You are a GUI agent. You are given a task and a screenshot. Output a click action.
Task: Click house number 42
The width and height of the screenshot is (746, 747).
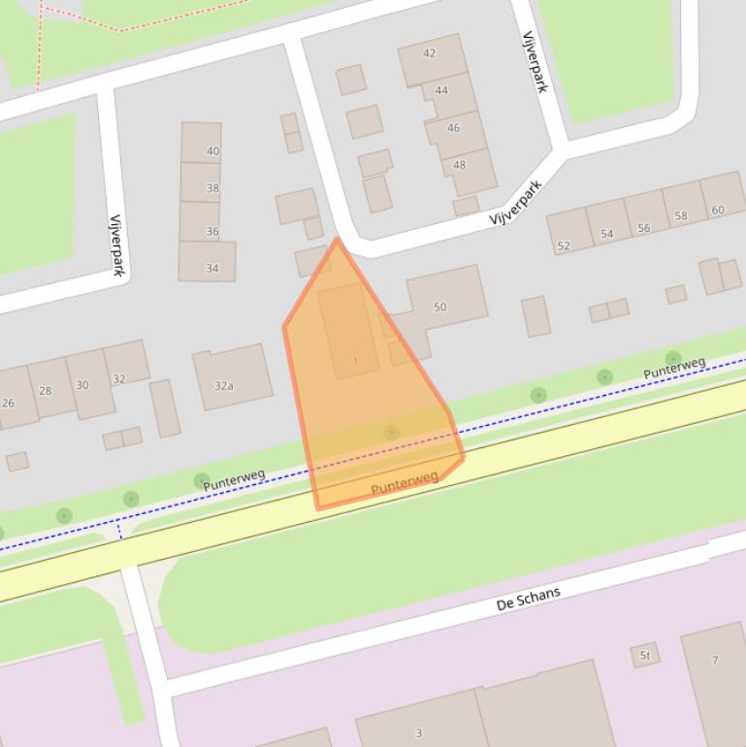pyautogui.click(x=429, y=54)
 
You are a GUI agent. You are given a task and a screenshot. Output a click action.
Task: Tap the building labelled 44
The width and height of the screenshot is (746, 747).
pyautogui.click(x=441, y=90)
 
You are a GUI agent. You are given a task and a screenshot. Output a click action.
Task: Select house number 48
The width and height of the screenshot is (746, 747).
pyautogui.click(x=459, y=165)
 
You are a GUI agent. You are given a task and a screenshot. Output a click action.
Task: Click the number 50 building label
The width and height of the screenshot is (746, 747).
pyautogui.click(x=439, y=308)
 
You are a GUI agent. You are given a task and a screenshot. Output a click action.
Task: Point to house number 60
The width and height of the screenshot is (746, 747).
pyautogui.click(x=718, y=210)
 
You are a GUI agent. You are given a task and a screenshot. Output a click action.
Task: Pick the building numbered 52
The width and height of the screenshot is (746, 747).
pyautogui.click(x=564, y=246)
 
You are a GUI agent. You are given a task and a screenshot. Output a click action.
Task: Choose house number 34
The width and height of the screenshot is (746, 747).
pyautogui.click(x=211, y=269)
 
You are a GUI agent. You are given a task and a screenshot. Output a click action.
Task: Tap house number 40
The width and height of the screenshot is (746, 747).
pyautogui.click(x=212, y=151)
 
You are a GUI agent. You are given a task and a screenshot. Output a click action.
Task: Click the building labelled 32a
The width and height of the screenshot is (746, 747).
pyautogui.click(x=224, y=386)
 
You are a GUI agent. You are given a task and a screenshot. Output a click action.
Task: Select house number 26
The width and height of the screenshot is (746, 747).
pyautogui.click(x=9, y=403)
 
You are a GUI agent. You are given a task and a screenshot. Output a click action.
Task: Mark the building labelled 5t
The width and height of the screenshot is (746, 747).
pyautogui.click(x=644, y=656)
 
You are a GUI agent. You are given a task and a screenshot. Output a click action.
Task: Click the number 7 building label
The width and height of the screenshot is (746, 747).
pyautogui.click(x=715, y=661)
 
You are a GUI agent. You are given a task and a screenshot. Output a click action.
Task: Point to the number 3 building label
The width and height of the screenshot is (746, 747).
pyautogui.click(x=419, y=733)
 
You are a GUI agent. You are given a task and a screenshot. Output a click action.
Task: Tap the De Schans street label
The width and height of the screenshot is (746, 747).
pyautogui.click(x=528, y=599)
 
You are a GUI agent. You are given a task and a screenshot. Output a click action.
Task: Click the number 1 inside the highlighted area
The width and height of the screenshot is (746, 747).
pyautogui.click(x=355, y=362)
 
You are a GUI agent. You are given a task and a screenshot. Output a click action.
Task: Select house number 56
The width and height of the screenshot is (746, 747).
pyautogui.click(x=644, y=228)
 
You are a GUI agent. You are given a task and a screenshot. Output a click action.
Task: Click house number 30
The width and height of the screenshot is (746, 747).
pyautogui.click(x=81, y=385)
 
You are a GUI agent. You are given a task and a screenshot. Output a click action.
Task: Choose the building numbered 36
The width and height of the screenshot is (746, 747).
pyautogui.click(x=211, y=232)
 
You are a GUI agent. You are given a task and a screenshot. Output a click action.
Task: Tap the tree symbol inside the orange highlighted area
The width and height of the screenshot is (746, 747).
pyautogui.click(x=391, y=432)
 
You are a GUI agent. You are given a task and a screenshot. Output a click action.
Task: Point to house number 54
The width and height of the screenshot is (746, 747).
pyautogui.click(x=607, y=234)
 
